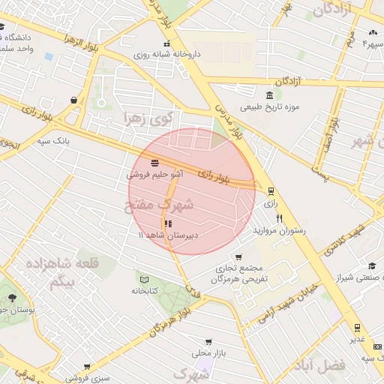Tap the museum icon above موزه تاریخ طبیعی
268,94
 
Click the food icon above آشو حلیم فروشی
154,162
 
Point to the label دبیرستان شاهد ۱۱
167,235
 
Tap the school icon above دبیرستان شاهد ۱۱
167,223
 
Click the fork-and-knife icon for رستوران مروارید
280,218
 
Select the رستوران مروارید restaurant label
280,230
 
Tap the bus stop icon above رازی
271,191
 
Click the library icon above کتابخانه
144,279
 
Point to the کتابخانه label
144,290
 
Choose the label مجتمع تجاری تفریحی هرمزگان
243,274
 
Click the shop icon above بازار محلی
208,341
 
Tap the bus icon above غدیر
356,327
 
